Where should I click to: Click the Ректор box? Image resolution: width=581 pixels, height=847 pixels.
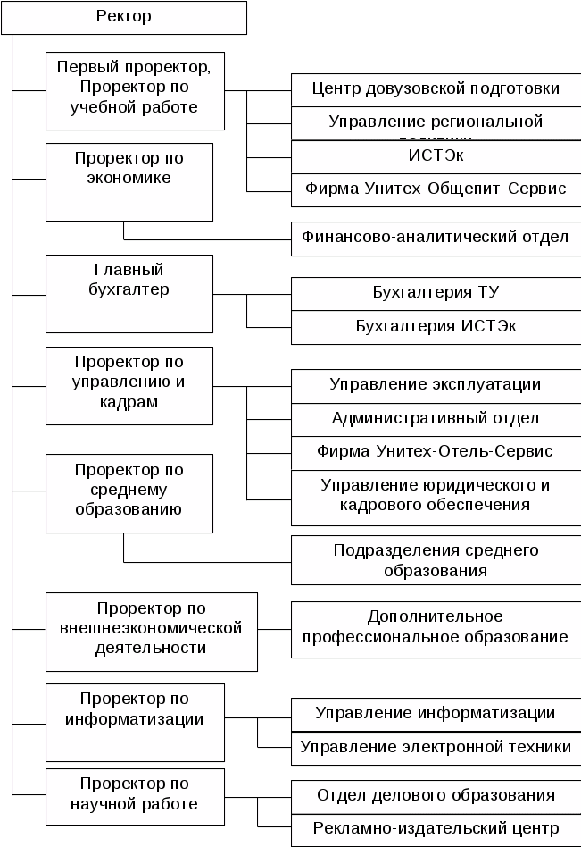(x=123, y=17)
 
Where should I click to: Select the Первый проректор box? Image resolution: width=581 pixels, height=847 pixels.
(x=134, y=88)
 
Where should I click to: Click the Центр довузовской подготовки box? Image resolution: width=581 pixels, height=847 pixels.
(x=436, y=89)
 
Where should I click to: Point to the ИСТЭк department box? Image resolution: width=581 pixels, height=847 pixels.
(x=436, y=156)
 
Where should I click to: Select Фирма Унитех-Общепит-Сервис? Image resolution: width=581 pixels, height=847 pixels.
(x=436, y=189)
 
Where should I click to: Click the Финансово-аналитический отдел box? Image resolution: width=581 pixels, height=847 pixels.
(x=436, y=239)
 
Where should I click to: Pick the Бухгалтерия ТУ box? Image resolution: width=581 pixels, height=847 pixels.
(x=436, y=293)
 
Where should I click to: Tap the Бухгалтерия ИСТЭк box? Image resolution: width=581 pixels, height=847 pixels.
(x=436, y=327)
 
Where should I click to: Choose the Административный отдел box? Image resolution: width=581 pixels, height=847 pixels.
(x=436, y=418)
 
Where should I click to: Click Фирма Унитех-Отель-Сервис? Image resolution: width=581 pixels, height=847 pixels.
(x=436, y=451)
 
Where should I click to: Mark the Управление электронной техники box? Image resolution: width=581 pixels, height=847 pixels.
(x=436, y=748)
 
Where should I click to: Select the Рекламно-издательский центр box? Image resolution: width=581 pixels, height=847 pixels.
(x=436, y=829)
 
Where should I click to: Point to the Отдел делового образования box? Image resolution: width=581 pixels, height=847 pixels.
(x=436, y=795)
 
